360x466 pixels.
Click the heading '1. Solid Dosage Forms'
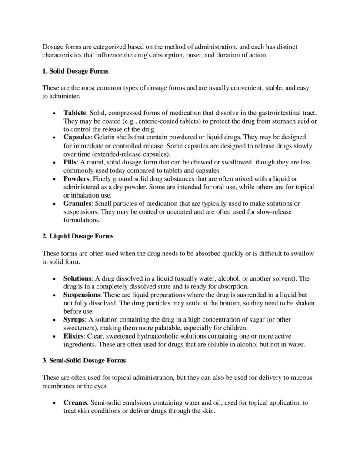(x=75, y=71)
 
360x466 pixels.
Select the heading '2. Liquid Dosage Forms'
(x=78, y=236)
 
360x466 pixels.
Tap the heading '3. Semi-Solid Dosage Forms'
(x=84, y=360)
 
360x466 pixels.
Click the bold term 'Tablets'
(x=74, y=113)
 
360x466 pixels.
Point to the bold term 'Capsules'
(x=77, y=137)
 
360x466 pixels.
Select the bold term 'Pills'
(x=70, y=162)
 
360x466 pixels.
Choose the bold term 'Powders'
(x=76, y=179)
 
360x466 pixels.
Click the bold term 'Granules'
(x=77, y=204)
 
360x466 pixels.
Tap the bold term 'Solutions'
(x=77, y=278)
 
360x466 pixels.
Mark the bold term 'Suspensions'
(x=82, y=295)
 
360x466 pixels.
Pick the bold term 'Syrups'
(x=74, y=320)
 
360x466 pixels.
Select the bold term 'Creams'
(x=75, y=403)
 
